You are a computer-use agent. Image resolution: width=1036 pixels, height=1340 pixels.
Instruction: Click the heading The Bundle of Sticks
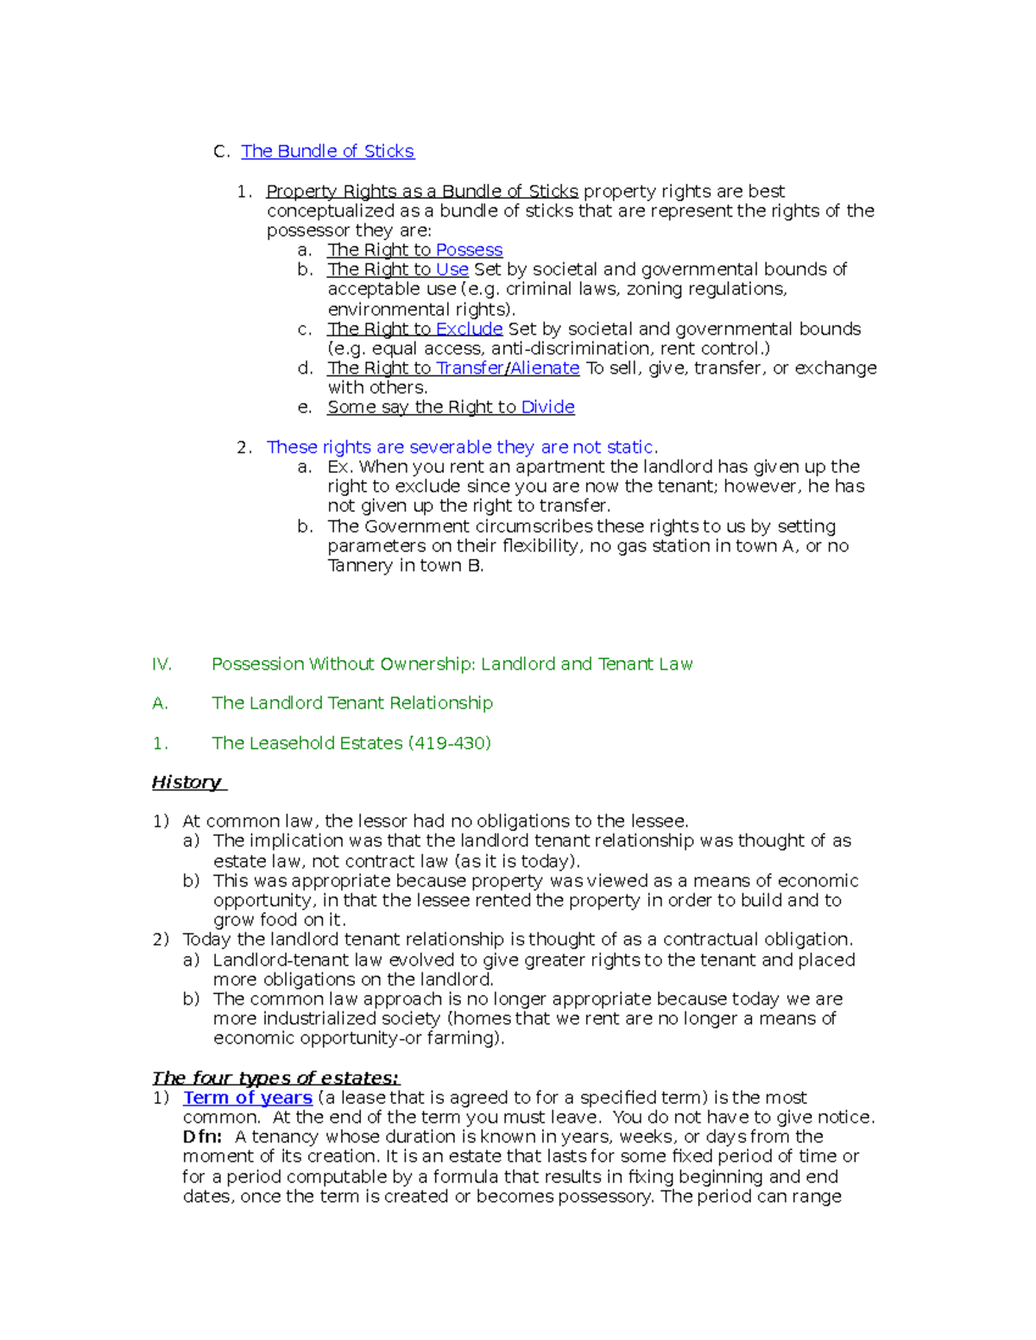(327, 151)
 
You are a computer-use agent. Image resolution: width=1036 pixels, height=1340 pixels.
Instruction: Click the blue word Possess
(469, 249)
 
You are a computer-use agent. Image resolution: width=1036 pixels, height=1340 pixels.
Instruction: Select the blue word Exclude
(469, 329)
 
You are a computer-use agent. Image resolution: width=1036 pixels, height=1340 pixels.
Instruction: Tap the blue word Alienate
(545, 368)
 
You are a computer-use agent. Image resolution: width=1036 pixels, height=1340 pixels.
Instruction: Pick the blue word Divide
(547, 407)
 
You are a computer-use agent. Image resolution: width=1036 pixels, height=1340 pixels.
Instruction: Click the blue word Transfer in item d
(470, 368)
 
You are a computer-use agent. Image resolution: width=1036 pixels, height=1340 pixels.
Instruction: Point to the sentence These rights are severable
(461, 447)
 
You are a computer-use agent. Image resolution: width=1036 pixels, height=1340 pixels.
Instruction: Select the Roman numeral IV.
(161, 664)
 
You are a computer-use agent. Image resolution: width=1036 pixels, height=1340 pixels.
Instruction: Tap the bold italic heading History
(186, 783)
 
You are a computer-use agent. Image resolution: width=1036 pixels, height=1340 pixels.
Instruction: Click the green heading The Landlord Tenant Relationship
(352, 703)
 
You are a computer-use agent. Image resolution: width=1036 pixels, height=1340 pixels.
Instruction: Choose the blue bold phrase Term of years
(247, 1098)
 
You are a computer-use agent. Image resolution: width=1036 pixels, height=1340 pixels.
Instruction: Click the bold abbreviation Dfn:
(202, 1137)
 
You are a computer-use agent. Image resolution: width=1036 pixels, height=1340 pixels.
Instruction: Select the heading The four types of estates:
(275, 1078)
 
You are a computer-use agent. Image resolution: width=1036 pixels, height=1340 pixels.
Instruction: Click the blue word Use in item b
(452, 269)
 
